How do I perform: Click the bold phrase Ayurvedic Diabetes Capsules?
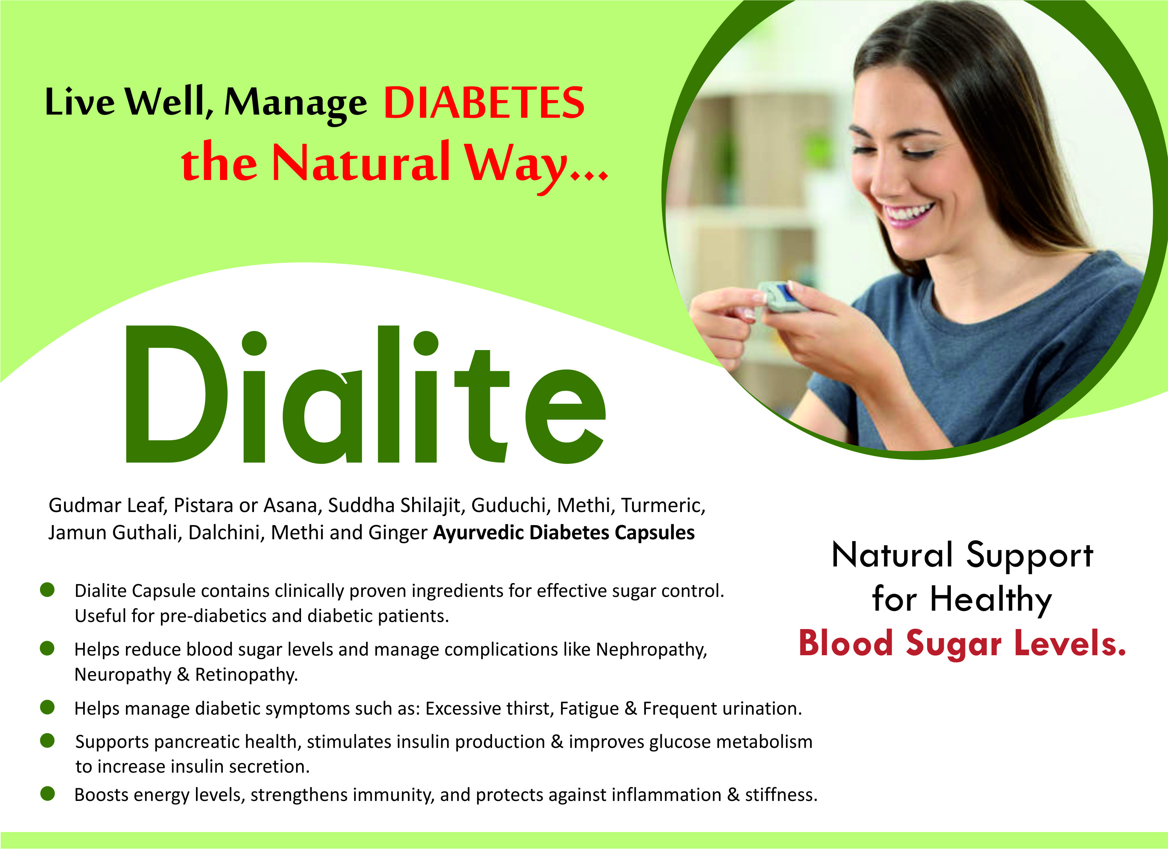(x=563, y=533)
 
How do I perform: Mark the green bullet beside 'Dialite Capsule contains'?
(x=47, y=590)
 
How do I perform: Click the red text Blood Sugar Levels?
(x=962, y=644)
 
